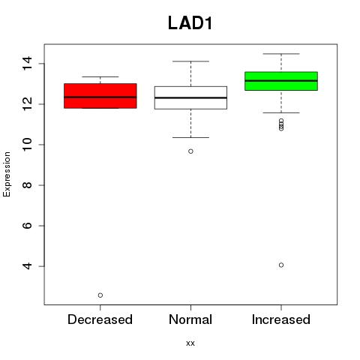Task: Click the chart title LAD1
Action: click(x=190, y=23)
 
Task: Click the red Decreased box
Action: click(x=100, y=96)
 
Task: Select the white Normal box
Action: click(x=190, y=97)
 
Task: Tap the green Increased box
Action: click(x=281, y=81)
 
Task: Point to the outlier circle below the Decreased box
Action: click(x=100, y=295)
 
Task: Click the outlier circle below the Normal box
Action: click(x=190, y=151)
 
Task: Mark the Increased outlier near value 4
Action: click(x=281, y=265)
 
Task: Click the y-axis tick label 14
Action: click(x=27, y=64)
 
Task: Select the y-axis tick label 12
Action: click(x=27, y=104)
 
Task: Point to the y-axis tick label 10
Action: click(x=27, y=145)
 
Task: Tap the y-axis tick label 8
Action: click(x=27, y=185)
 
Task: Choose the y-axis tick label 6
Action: click(x=27, y=226)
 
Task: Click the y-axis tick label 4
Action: click(x=27, y=266)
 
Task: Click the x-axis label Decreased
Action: click(x=100, y=319)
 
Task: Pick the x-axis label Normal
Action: click(x=190, y=319)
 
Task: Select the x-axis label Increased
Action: click(x=281, y=319)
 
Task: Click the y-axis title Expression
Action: click(x=7, y=174)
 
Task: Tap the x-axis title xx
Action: click(x=190, y=343)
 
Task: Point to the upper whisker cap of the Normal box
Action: click(x=190, y=61)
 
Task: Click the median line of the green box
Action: click(x=281, y=81)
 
